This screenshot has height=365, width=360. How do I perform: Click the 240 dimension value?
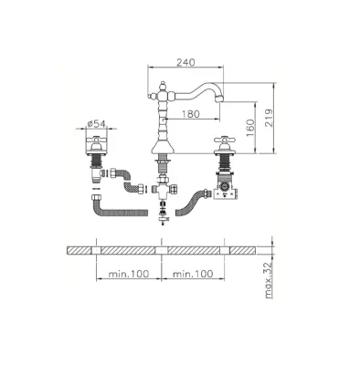[185, 62]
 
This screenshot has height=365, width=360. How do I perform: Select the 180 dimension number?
[191, 114]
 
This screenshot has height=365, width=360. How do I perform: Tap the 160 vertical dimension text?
[249, 128]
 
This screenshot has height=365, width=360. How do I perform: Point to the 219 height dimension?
[269, 118]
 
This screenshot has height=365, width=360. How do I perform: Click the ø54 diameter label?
[96, 124]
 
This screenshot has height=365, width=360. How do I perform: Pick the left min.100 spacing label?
[129, 274]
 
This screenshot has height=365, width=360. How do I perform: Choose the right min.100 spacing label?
[193, 274]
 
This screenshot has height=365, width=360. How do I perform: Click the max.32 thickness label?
[269, 280]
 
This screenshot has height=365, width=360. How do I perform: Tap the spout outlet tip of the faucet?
[219, 99]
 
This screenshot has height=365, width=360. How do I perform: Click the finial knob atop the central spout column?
[163, 85]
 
